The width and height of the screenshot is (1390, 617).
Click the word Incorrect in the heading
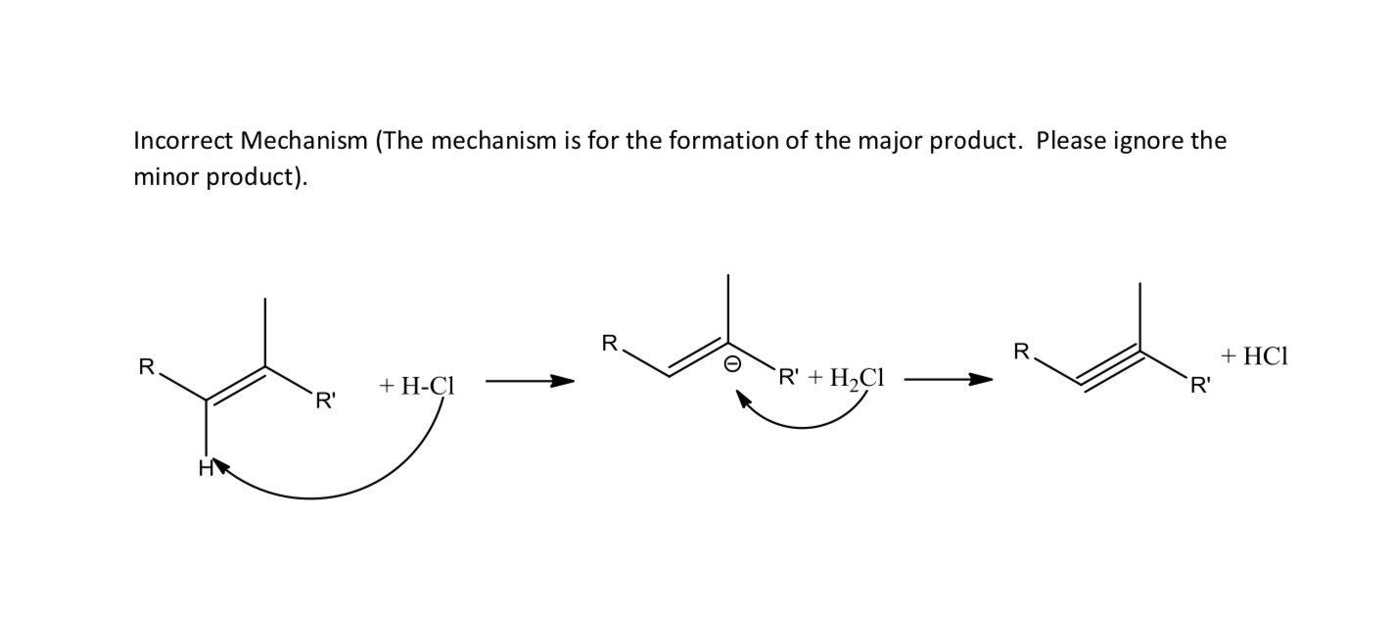point(182,141)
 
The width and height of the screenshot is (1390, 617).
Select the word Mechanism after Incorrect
point(303,141)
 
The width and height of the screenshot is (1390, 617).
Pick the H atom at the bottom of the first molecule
point(206,469)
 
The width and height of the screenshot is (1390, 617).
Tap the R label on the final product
point(1022,350)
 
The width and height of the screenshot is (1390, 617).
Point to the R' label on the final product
point(1198,384)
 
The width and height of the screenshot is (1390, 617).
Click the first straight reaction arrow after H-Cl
point(529,381)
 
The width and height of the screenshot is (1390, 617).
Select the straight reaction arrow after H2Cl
point(948,380)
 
